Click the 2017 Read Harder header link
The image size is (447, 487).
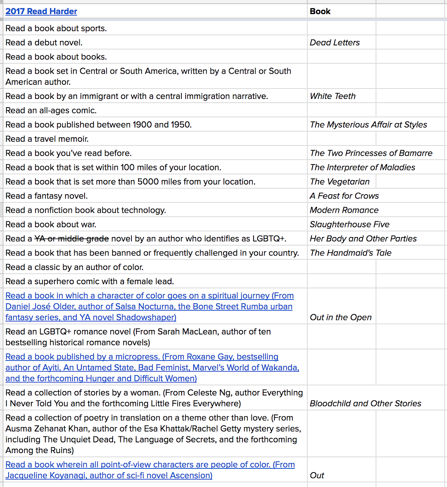[41, 12]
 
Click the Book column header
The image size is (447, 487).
[320, 12]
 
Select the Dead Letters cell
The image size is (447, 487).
[335, 43]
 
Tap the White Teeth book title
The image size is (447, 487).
[333, 96]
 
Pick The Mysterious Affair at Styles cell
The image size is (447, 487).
[368, 125]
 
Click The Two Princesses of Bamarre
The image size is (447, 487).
[371, 153]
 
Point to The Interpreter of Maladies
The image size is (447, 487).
[362, 167]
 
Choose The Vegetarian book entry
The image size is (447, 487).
[339, 182]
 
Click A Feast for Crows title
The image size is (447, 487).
[344, 196]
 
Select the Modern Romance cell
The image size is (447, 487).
[344, 210]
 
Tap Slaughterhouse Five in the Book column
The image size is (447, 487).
[349, 225]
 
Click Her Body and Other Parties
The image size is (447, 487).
[363, 239]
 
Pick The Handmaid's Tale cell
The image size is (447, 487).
[350, 253]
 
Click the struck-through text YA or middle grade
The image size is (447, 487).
[72, 239]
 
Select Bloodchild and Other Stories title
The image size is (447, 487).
[365, 404]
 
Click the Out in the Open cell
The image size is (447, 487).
[340, 317]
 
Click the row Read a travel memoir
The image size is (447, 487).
[47, 139]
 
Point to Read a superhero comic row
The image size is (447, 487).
[89, 282]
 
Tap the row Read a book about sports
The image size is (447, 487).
[56, 29]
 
